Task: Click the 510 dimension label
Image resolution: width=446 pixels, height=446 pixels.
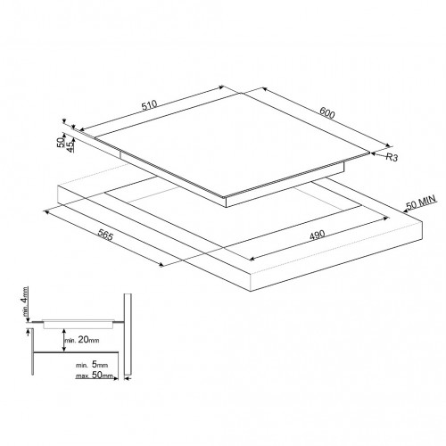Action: [149, 105]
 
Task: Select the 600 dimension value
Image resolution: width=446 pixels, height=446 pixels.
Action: [327, 112]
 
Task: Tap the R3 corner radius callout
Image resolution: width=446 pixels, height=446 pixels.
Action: [392, 157]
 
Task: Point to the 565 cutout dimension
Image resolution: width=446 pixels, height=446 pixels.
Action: [105, 235]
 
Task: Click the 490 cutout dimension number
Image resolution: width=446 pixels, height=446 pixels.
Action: [318, 235]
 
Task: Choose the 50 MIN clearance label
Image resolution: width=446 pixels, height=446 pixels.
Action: [421, 202]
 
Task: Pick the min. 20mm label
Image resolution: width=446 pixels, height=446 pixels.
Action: [82, 340]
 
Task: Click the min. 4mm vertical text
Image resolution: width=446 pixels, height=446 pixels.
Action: [25, 301]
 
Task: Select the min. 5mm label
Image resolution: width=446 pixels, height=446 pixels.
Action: [92, 365]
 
